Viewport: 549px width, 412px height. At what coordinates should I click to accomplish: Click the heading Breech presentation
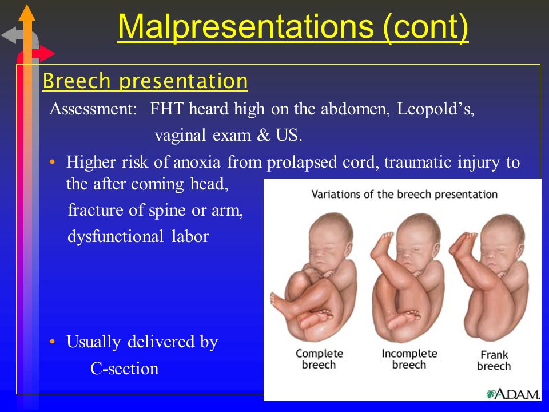point(145,81)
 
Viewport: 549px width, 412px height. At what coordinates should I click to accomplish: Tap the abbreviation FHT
point(166,109)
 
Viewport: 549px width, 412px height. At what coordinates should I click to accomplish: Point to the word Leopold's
point(435,109)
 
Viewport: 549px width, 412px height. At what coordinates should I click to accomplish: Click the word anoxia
point(197,162)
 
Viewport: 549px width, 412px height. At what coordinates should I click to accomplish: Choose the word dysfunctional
point(115,236)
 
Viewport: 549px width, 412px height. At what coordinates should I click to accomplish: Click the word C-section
point(124,369)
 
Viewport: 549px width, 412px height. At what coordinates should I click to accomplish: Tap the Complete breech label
point(319,359)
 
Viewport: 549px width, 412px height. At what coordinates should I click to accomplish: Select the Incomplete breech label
point(409,359)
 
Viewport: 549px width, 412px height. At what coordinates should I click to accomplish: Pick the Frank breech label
point(494,360)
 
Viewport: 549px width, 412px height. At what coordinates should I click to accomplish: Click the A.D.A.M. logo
point(513,394)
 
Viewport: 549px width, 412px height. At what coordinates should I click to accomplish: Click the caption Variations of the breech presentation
point(404,195)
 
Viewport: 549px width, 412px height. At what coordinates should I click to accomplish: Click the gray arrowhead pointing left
point(9,35)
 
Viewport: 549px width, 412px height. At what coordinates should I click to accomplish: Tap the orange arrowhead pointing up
point(27,13)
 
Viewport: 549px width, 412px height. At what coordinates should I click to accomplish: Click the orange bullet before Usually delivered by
point(53,342)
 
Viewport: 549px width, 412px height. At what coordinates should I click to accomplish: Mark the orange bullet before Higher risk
point(53,162)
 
